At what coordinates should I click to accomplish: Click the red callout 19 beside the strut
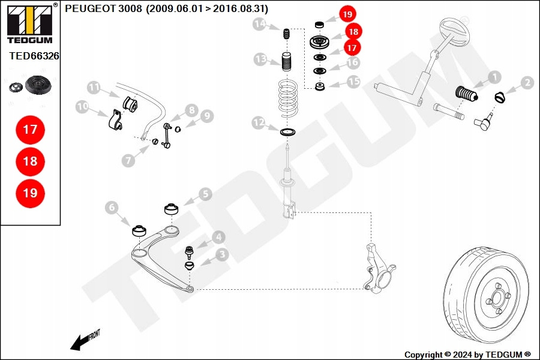347,14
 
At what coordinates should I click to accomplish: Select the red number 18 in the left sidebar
31,161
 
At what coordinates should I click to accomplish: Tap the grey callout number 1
494,77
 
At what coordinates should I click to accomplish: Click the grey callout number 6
112,207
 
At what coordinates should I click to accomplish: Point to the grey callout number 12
259,122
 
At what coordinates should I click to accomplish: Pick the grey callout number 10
82,106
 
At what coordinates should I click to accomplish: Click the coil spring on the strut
288,98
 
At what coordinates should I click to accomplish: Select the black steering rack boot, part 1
467,94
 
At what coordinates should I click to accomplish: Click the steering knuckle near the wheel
378,268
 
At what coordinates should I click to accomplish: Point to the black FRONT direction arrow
85,341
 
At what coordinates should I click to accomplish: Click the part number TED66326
34,56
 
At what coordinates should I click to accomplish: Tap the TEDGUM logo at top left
30,24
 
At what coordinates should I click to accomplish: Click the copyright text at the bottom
467,355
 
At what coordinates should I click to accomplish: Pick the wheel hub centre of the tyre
497,298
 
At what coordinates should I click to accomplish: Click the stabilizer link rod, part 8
167,135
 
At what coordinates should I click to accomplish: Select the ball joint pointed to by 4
189,252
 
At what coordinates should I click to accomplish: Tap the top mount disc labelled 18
320,43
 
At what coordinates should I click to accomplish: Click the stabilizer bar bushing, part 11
130,104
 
